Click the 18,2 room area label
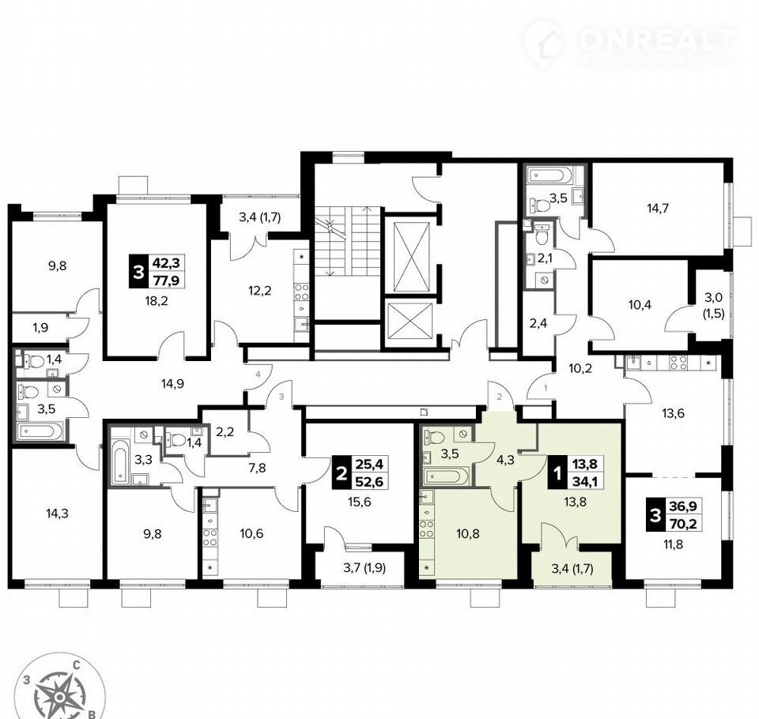[x=157, y=302]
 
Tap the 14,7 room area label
[x=658, y=209]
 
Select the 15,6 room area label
[x=359, y=503]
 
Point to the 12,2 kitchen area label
[x=260, y=291]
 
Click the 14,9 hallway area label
[x=172, y=384]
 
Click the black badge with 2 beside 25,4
[x=342, y=473]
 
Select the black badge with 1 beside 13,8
[x=557, y=473]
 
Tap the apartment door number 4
[x=259, y=374]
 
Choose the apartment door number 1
[x=546, y=388]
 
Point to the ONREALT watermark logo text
[x=657, y=40]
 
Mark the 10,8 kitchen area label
[x=468, y=534]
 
